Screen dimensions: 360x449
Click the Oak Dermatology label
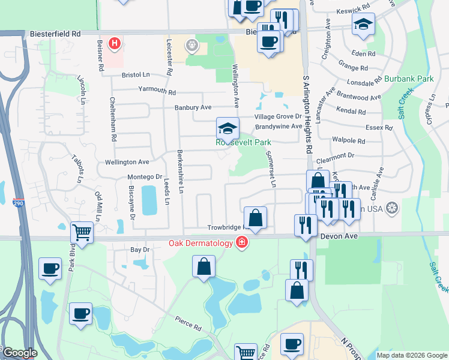click(x=200, y=243)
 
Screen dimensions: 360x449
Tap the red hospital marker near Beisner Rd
click(x=115, y=44)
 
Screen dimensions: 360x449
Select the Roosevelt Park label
click(x=244, y=142)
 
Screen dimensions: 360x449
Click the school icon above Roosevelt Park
click(x=228, y=128)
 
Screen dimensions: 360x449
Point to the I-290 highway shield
click(x=18, y=204)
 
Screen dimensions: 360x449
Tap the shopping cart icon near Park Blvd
click(x=82, y=232)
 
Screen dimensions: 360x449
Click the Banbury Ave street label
click(x=193, y=107)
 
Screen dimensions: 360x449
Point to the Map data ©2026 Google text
click(x=411, y=355)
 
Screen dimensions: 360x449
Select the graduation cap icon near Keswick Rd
click(x=363, y=25)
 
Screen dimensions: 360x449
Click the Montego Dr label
click(x=145, y=177)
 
